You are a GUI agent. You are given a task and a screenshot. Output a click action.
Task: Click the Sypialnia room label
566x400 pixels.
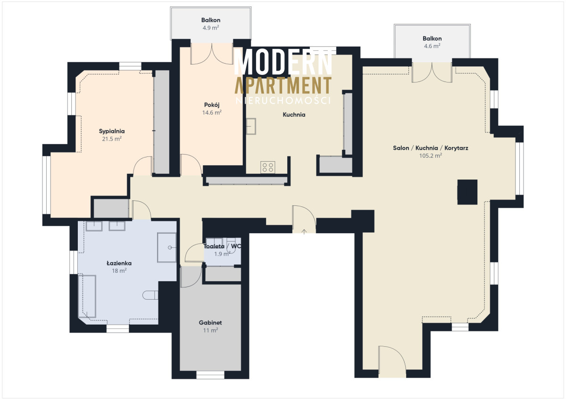112,131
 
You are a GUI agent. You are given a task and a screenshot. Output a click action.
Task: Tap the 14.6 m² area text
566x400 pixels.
212,113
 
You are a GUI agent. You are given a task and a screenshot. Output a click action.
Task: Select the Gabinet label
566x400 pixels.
210,323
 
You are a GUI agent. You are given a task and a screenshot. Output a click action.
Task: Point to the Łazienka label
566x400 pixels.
119,263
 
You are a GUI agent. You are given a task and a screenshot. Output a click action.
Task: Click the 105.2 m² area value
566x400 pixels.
431,155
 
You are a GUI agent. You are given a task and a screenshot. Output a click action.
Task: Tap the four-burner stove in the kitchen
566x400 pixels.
268,167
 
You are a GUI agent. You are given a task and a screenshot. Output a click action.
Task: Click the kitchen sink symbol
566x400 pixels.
251,126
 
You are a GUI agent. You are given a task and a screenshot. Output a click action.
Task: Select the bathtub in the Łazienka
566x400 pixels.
87,296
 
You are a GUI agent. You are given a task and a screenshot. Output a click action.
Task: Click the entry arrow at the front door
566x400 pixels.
304,232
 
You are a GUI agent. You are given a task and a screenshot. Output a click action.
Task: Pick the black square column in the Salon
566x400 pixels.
467,192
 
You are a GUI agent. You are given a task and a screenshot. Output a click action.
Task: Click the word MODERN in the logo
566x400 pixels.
283,62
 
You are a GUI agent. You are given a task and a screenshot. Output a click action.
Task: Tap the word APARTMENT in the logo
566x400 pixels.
283,85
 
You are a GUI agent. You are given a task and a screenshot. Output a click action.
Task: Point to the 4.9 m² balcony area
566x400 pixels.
211,28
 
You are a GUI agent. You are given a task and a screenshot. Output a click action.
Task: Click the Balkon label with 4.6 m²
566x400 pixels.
432,39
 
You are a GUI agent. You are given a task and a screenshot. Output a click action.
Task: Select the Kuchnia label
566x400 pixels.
294,115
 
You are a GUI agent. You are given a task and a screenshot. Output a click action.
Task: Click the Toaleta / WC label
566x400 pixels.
222,246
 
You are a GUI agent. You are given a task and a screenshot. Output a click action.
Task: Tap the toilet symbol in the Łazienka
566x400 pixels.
150,295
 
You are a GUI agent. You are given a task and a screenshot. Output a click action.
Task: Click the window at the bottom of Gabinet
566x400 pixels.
210,375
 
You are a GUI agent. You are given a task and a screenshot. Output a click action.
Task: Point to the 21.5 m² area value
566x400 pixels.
112,139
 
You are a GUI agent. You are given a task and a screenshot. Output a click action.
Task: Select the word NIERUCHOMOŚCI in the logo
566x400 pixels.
283,101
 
